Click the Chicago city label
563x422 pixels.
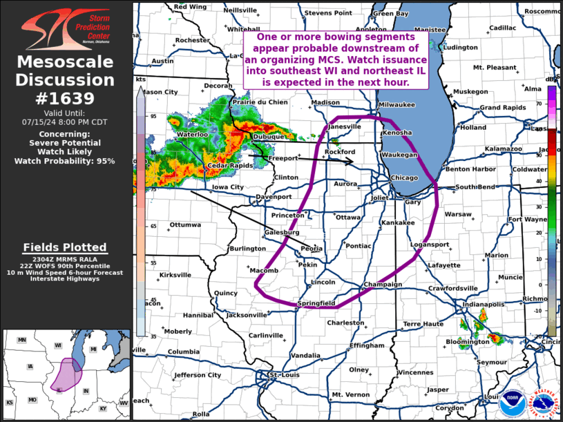coord(404,178)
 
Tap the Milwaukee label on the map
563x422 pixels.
coord(397,104)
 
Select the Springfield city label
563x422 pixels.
coord(316,303)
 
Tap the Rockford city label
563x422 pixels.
coord(339,151)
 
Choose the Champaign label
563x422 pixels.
coord(383,285)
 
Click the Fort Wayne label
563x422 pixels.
coord(524,220)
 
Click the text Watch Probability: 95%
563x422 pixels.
coord(65,161)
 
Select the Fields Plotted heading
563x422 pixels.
coord(65,247)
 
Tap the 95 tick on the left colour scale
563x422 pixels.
coord(153,116)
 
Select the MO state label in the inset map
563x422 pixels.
coord(32,400)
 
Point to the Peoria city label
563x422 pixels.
coord(312,249)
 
